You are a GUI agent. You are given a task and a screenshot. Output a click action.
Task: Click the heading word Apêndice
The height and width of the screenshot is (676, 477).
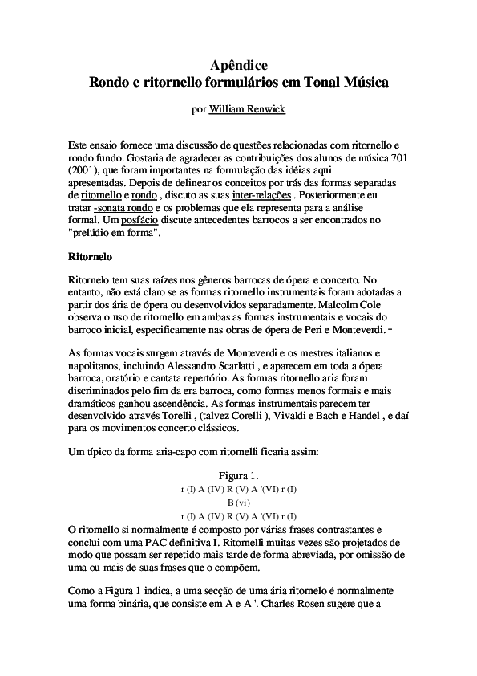point(238,65)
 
